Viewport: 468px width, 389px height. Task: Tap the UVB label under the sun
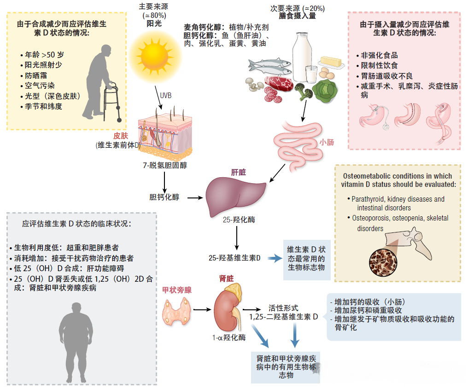[165, 96]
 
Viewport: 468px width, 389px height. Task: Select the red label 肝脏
[238, 172]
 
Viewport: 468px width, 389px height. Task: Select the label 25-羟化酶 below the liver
[236, 220]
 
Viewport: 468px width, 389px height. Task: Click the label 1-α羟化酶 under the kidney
[229, 337]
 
